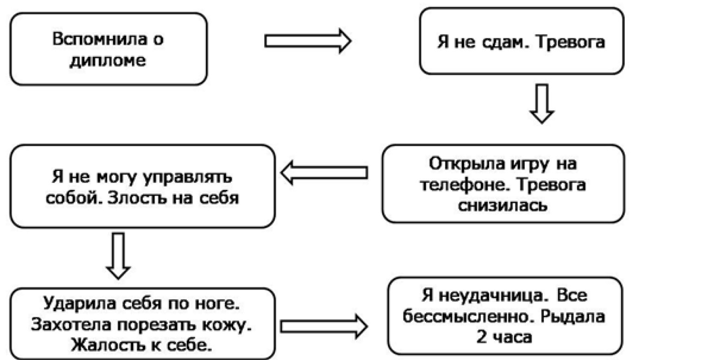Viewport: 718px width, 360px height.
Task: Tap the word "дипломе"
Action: click(108, 60)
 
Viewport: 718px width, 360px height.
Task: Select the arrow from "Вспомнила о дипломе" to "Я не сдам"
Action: click(307, 41)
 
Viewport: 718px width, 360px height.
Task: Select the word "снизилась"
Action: click(503, 204)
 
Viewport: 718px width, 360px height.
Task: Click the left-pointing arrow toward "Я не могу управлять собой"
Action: click(324, 173)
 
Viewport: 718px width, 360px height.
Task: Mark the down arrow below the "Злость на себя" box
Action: click(118, 255)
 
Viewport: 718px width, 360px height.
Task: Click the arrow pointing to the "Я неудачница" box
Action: click(324, 327)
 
